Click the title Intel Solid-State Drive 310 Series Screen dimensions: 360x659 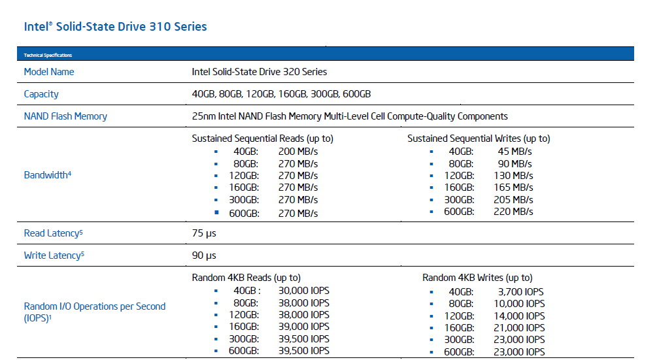click(115, 27)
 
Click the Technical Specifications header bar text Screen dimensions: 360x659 click(48, 55)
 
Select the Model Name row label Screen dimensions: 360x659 click(49, 72)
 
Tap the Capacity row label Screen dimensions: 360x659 click(41, 94)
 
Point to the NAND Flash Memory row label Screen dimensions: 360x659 click(65, 116)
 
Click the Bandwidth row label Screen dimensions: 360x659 click(47, 175)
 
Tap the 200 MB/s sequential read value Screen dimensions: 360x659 click(298, 151)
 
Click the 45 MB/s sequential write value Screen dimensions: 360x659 click(515, 151)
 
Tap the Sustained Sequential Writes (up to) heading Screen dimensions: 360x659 click(479, 139)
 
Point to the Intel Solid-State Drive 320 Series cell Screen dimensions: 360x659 click(260, 72)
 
